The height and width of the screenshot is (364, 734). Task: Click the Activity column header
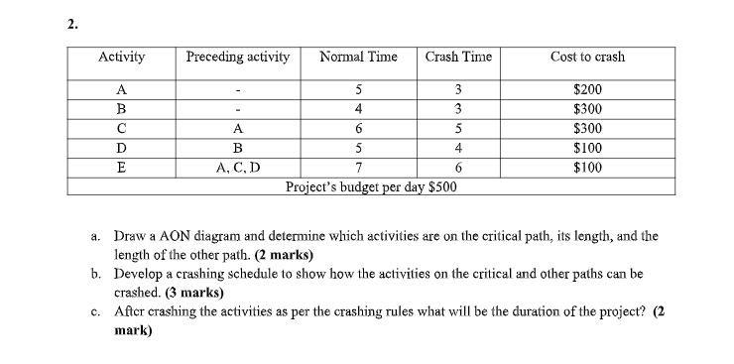click(121, 57)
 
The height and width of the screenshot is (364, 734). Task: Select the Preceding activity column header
click(238, 57)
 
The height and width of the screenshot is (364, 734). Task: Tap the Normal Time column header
click(358, 57)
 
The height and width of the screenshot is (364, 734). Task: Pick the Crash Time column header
click(458, 57)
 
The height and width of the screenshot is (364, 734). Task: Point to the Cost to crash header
click(587, 57)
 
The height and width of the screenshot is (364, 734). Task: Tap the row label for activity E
click(121, 167)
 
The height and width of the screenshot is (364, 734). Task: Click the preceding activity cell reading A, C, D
click(238, 167)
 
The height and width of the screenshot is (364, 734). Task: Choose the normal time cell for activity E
click(358, 167)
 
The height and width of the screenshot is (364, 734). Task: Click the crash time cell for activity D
click(458, 148)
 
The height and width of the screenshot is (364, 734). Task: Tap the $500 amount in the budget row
click(442, 185)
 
